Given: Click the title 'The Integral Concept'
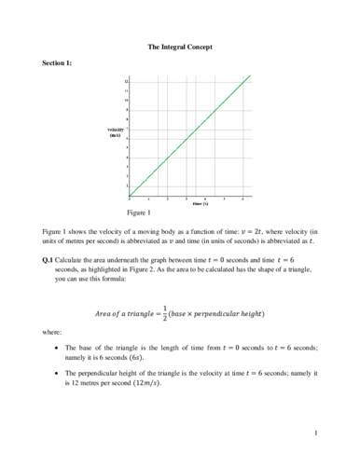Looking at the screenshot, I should (179, 46).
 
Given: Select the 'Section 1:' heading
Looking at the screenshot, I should (59, 62).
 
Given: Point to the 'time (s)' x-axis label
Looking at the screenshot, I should (200, 203).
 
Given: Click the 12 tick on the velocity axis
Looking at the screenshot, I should (126, 82).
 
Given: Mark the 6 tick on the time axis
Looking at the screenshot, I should (243, 199).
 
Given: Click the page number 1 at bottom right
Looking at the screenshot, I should (317, 433).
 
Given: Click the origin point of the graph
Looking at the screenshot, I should (130, 197).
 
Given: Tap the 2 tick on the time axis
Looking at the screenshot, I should (168, 199).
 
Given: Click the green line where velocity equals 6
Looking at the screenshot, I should (187, 139).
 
